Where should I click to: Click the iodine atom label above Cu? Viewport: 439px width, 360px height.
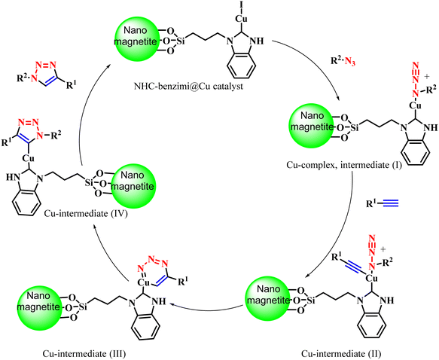[240, 5]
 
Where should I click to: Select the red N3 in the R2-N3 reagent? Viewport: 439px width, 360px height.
[350, 62]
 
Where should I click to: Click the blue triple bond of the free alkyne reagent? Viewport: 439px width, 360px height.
[390, 203]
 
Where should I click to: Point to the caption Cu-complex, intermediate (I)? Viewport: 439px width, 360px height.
[344, 165]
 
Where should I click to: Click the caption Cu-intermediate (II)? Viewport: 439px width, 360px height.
[341, 354]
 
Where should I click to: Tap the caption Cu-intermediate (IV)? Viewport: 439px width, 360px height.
[86, 214]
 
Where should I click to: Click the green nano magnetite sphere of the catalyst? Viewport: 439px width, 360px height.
[136, 38]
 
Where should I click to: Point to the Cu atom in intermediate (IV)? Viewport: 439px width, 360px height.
[29, 159]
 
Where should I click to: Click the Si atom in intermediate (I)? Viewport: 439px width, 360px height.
[355, 128]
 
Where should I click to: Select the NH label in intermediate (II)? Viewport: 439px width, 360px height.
[388, 301]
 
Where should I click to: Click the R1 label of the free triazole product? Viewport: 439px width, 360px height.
[71, 84]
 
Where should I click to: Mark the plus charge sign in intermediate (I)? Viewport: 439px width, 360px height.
[427, 76]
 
